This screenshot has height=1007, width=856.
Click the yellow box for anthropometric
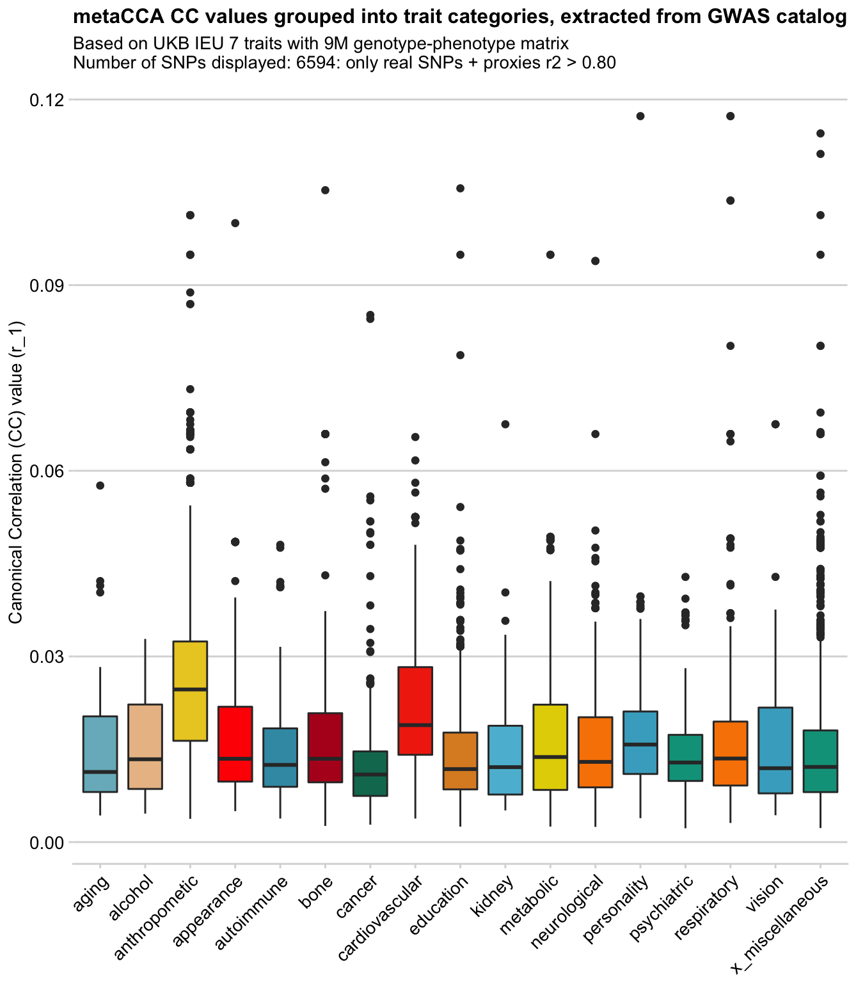click(x=190, y=691)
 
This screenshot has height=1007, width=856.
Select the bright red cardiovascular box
click(x=415, y=711)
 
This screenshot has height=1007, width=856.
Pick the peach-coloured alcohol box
click(x=145, y=747)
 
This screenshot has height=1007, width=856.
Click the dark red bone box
click(x=325, y=747)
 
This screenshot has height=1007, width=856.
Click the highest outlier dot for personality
click(x=640, y=116)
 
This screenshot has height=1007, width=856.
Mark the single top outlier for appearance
click(x=235, y=223)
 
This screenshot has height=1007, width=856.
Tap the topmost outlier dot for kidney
click(x=505, y=424)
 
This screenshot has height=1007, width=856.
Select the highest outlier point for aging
click(x=100, y=486)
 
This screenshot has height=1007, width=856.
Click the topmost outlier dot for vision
click(x=775, y=424)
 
